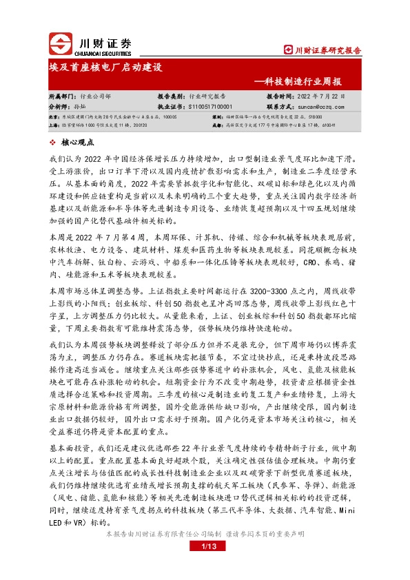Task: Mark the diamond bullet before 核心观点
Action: coord(54,143)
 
